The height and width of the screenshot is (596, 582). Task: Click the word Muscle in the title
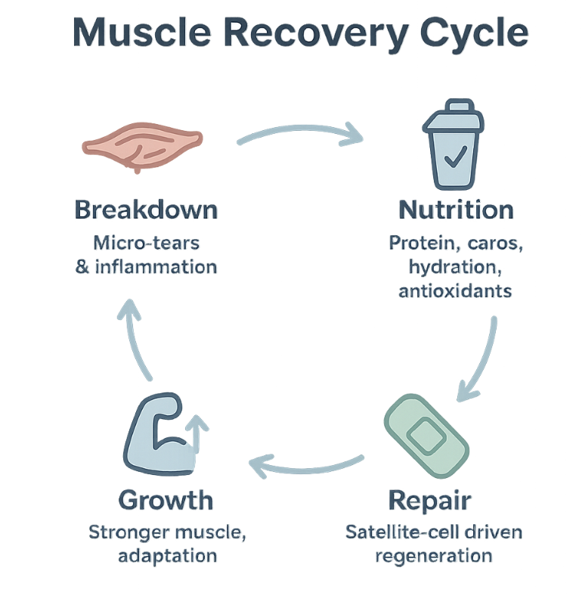[141, 33]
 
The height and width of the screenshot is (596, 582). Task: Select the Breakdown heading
[147, 210]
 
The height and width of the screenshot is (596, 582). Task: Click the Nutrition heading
[456, 210]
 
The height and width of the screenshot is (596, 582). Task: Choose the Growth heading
[166, 500]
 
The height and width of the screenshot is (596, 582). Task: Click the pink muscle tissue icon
[142, 147]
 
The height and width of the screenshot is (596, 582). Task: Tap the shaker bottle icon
[454, 144]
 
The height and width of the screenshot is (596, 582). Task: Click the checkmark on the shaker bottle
[456, 157]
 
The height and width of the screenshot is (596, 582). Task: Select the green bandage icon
[426, 436]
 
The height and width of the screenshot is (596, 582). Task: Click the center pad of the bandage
[426, 436]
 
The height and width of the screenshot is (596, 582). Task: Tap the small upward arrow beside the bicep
[197, 433]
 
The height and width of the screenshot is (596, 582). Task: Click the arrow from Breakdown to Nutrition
[300, 130]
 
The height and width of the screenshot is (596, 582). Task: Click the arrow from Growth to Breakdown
[134, 338]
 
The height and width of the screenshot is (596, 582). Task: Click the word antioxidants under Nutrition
[455, 291]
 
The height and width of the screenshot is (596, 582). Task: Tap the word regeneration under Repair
[433, 557]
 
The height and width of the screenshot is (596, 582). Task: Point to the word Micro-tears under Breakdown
[147, 243]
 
